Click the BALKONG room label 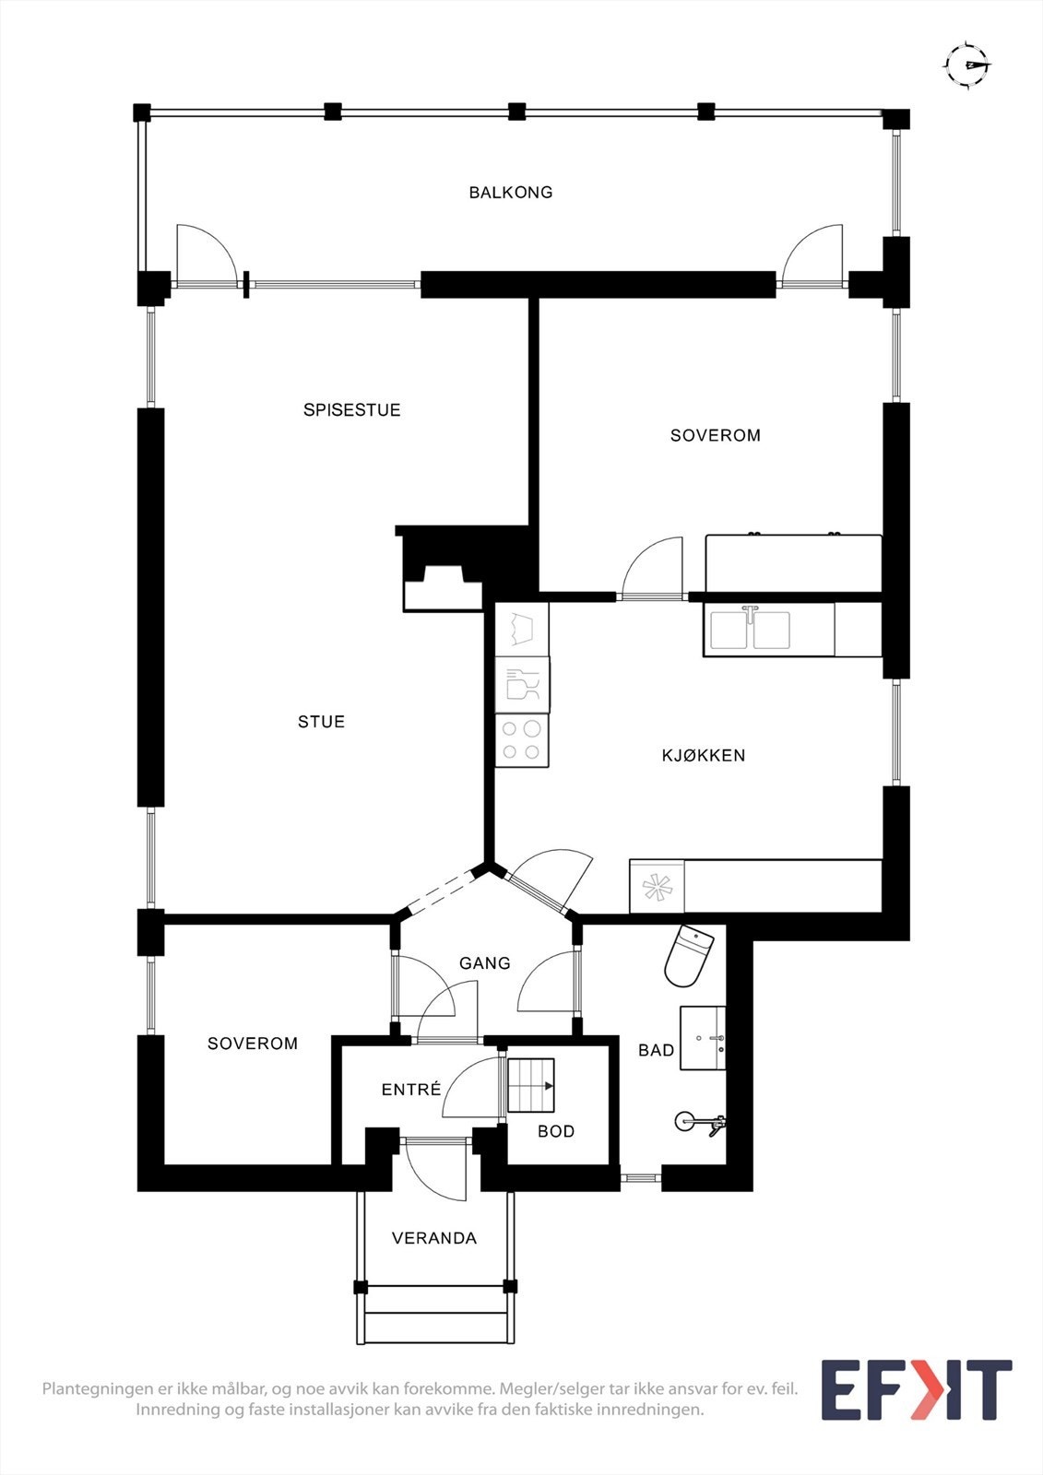pos(511,193)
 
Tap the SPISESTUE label pos(352,410)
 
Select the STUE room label pos(321,722)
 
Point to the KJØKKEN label pos(704,756)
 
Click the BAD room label pos(656,1050)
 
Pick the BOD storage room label pos(556,1131)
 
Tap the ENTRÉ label pos(411,1090)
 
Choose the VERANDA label pos(434,1238)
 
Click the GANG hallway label pos(485,963)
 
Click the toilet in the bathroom pos(689,955)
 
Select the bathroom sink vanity pos(703,1038)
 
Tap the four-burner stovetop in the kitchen pos(522,740)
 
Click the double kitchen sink pos(751,631)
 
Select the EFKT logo pos(917,1389)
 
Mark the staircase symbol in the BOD pos(531,1085)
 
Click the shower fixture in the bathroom pos(701,1122)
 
